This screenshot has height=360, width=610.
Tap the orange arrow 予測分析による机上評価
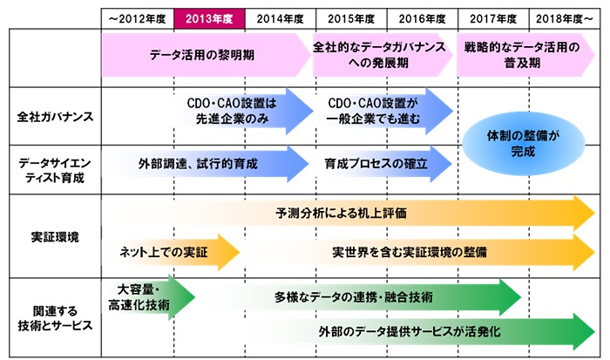pyautogui.click(x=349, y=212)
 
